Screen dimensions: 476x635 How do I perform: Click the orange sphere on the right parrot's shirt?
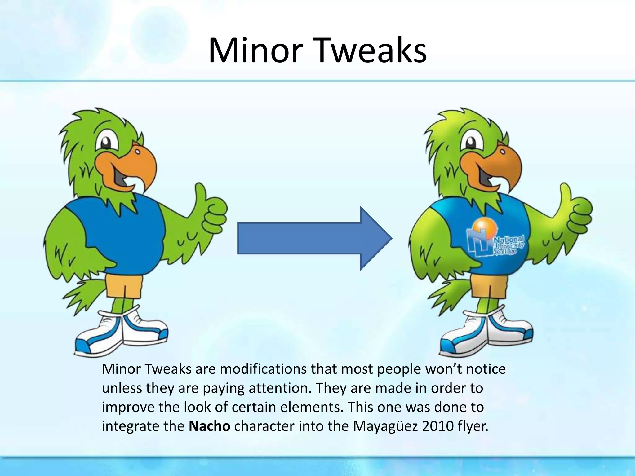click(x=486, y=228)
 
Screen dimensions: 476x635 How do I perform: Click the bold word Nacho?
click(x=209, y=426)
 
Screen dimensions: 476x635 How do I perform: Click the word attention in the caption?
click(x=279, y=388)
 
